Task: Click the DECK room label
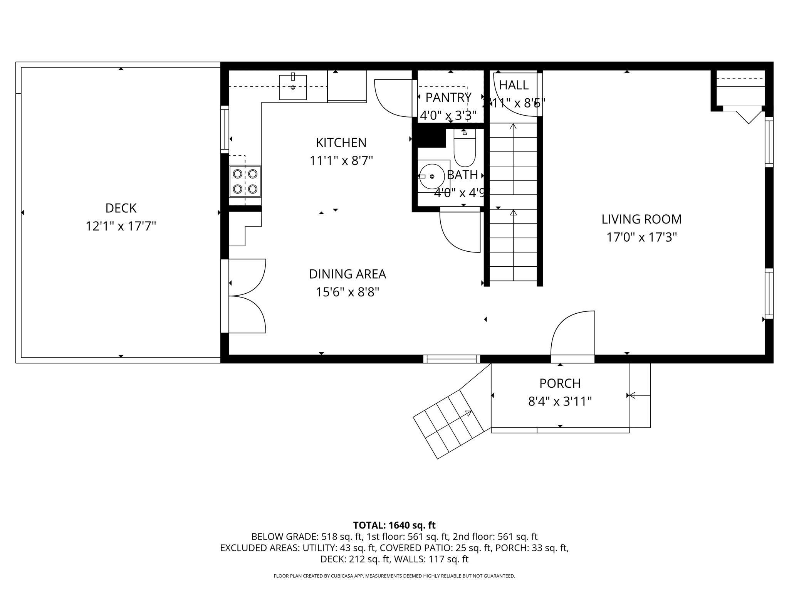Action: tap(121, 208)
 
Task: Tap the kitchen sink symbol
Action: tap(293, 87)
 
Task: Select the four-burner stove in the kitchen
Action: tap(245, 181)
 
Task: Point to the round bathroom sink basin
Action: tap(431, 177)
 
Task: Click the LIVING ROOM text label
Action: tap(641, 219)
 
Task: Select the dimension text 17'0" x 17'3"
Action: tap(641, 237)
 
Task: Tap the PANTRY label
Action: tap(448, 98)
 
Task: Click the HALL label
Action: tap(514, 85)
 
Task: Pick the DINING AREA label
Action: tap(347, 274)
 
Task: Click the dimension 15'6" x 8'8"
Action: tap(347, 292)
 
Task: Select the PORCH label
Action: tap(560, 383)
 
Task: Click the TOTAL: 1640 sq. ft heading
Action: tap(394, 525)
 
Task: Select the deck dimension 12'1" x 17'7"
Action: tap(121, 226)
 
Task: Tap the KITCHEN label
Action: tap(341, 143)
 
